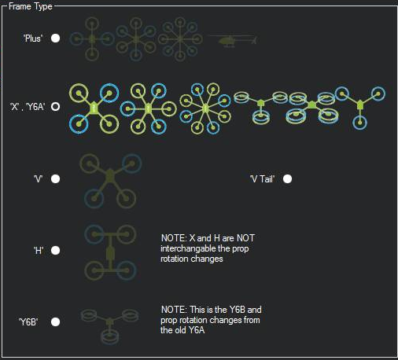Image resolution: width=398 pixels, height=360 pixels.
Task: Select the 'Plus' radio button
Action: pos(55,39)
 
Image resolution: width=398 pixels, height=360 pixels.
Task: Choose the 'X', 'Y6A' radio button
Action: pos(55,107)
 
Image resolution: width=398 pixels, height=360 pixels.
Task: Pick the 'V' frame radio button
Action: pos(55,179)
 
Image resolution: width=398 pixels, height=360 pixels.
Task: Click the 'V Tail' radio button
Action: pos(287,179)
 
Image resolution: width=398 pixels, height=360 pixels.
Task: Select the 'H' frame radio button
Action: pos(55,250)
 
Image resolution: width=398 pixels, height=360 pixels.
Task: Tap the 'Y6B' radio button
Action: pos(55,321)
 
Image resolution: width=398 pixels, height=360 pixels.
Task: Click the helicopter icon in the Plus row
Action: pos(234,41)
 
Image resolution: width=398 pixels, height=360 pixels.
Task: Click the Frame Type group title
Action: pos(31,6)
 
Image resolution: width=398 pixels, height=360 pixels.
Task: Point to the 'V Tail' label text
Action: pos(262,179)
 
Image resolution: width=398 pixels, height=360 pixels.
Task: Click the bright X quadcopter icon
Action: pos(94,108)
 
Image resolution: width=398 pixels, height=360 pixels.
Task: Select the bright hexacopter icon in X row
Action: pos(148,108)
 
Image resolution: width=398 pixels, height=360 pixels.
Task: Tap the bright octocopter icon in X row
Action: pos(205,108)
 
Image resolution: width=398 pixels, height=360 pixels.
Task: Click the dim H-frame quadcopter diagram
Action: pos(110,252)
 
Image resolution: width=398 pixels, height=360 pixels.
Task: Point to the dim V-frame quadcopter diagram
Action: pos(110,181)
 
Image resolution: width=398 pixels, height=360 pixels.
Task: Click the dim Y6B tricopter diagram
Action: pos(109,325)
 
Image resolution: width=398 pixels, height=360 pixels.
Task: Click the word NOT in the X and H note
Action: pos(245,238)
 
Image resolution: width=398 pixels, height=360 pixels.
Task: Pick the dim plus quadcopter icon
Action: pos(92,39)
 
